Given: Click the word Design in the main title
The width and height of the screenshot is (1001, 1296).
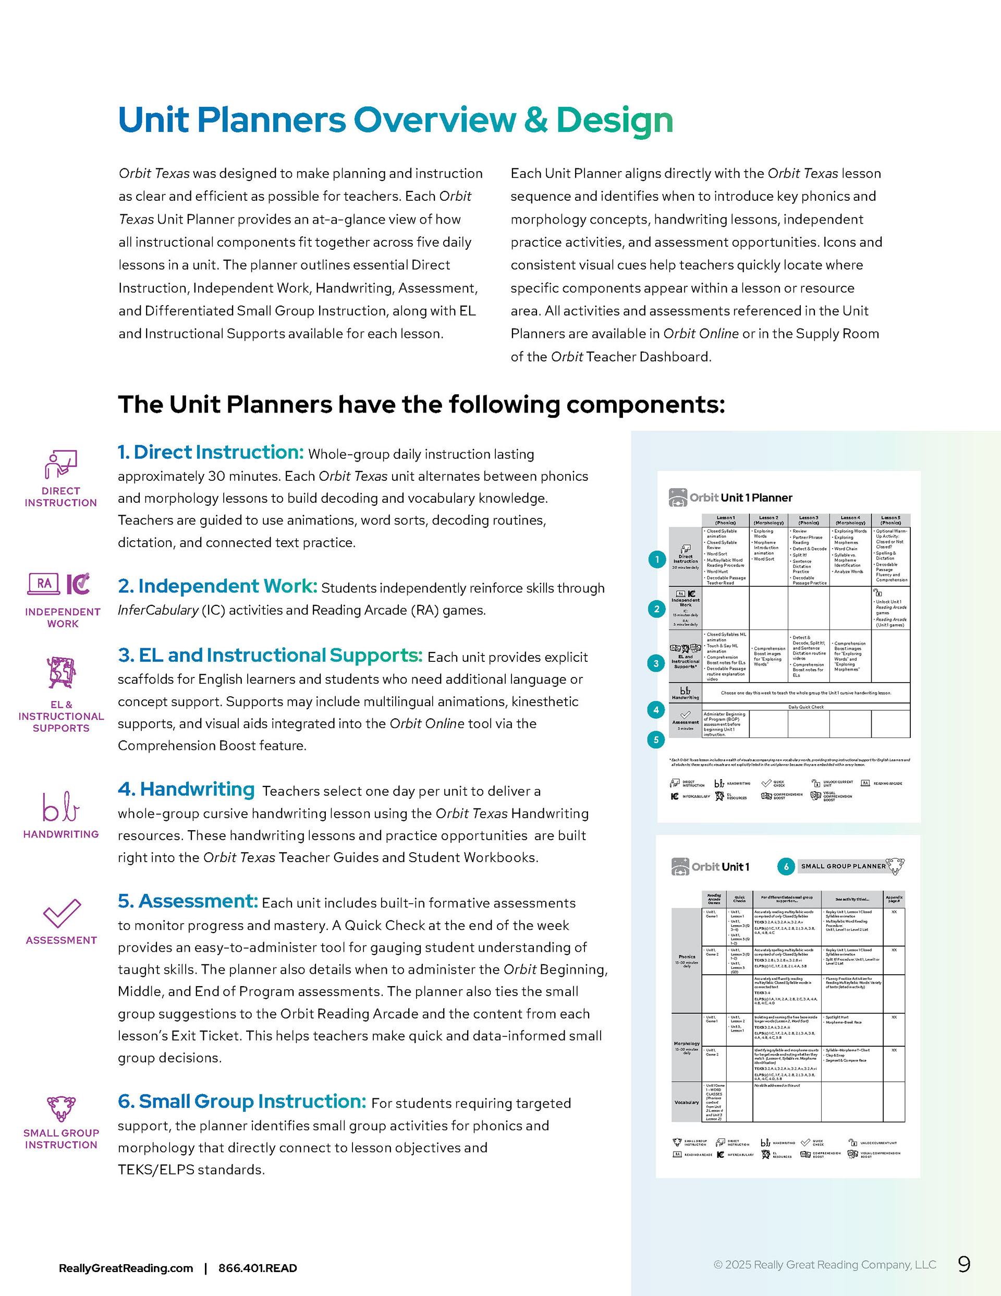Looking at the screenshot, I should (x=614, y=120).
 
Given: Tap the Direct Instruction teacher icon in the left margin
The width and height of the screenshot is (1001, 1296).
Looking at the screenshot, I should (x=60, y=464).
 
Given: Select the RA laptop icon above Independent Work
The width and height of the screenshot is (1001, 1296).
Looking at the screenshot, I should (x=43, y=584).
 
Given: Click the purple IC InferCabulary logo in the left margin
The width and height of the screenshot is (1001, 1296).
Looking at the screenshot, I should (x=78, y=584).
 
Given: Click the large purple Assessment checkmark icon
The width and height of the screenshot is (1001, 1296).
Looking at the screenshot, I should (x=61, y=913).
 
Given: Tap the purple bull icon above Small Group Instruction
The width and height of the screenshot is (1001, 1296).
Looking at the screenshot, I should (x=61, y=1108).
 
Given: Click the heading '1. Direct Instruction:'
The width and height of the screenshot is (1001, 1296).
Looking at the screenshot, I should (x=211, y=452).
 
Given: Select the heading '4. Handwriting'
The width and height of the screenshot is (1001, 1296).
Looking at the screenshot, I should (x=186, y=789).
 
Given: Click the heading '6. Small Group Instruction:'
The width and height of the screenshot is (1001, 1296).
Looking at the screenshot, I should (x=242, y=1101).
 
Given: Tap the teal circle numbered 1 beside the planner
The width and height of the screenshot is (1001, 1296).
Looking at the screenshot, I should (x=657, y=560).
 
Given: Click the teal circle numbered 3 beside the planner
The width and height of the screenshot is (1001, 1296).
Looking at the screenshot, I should (x=656, y=663).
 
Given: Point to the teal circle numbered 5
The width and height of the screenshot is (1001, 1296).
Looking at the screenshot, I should (x=656, y=740).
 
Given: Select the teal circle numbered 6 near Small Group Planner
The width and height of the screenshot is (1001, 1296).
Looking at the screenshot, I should (x=786, y=866).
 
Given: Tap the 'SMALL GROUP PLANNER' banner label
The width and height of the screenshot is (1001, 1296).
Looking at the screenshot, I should (x=843, y=866).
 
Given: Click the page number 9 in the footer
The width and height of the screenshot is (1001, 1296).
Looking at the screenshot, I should (x=963, y=1265).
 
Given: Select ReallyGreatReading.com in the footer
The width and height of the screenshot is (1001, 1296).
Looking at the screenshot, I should (x=126, y=1268).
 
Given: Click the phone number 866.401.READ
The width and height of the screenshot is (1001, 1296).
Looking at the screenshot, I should (x=258, y=1268).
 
